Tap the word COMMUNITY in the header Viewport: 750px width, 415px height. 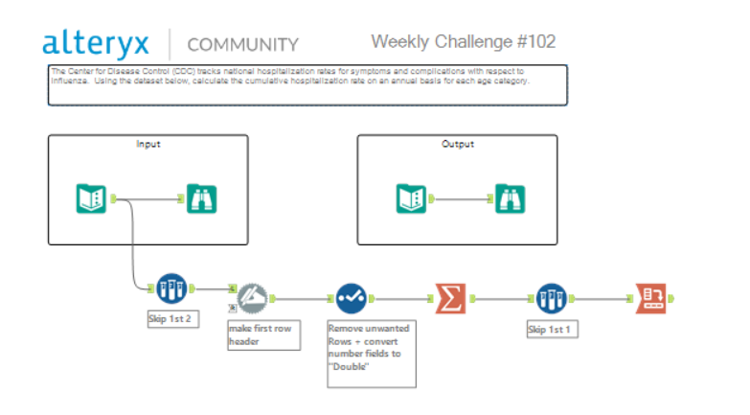[x=242, y=44]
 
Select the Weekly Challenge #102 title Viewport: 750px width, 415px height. [x=463, y=42]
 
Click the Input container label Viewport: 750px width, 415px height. [x=148, y=145]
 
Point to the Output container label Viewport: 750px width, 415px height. [x=457, y=145]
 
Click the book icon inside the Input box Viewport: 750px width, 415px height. [x=91, y=198]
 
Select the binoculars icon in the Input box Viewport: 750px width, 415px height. [x=201, y=198]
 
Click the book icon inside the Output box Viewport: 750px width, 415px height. [x=412, y=198]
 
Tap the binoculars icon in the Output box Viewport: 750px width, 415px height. [x=510, y=198]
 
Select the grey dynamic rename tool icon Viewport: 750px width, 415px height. [x=252, y=297]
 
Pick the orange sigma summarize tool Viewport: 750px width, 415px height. [x=450, y=297]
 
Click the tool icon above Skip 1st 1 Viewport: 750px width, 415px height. [x=551, y=297]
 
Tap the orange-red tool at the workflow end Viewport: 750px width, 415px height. [x=651, y=297]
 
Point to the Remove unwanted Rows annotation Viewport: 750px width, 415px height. [x=372, y=353]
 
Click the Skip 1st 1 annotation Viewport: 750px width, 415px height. [x=551, y=329]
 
